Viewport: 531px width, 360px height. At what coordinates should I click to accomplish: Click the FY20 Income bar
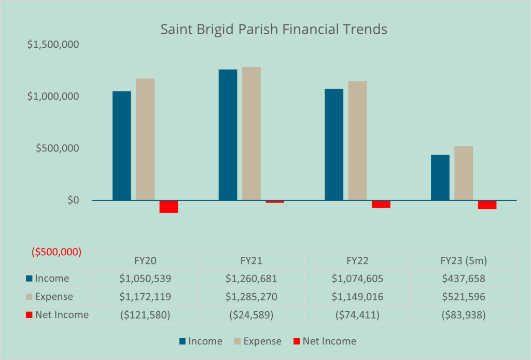122,146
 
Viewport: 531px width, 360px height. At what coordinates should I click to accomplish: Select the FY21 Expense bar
251,133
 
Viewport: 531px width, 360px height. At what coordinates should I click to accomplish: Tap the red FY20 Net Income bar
169,206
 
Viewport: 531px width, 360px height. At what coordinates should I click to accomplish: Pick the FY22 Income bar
334,144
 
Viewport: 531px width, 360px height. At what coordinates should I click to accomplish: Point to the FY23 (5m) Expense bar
464,173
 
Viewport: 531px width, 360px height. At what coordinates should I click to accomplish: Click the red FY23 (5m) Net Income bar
487,204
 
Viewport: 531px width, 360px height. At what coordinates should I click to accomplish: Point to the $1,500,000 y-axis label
53,45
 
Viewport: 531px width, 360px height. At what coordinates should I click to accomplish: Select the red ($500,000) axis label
57,253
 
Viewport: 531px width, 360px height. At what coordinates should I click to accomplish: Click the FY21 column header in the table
251,260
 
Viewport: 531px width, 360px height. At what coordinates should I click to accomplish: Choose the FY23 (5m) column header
464,260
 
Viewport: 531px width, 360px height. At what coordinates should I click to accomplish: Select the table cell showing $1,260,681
251,279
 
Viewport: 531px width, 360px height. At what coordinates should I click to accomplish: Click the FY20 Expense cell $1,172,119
145,297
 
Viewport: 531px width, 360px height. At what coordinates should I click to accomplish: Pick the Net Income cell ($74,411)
357,315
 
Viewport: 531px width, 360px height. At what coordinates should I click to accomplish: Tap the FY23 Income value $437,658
464,279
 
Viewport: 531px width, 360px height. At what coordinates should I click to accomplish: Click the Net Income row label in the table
57,315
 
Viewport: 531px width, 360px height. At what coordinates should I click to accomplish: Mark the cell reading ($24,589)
251,315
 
